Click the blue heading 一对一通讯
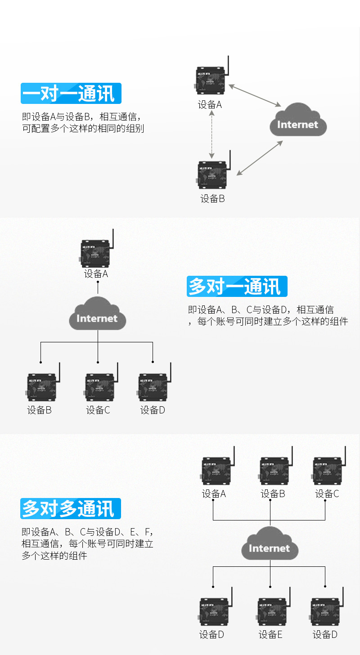click(x=71, y=94)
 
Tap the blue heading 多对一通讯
click(x=237, y=286)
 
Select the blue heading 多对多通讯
click(x=71, y=508)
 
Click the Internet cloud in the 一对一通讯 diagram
click(x=298, y=120)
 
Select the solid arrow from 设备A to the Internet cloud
click(x=254, y=95)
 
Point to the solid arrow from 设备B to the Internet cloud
click(x=260, y=157)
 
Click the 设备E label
click(x=270, y=635)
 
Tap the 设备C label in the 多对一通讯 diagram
click(x=98, y=410)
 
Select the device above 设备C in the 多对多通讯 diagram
click(x=327, y=472)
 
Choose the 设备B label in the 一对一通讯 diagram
click(x=212, y=198)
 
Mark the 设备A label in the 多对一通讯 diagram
click(x=96, y=274)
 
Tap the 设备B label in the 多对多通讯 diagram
click(x=273, y=493)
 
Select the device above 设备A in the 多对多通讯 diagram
click(x=216, y=472)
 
